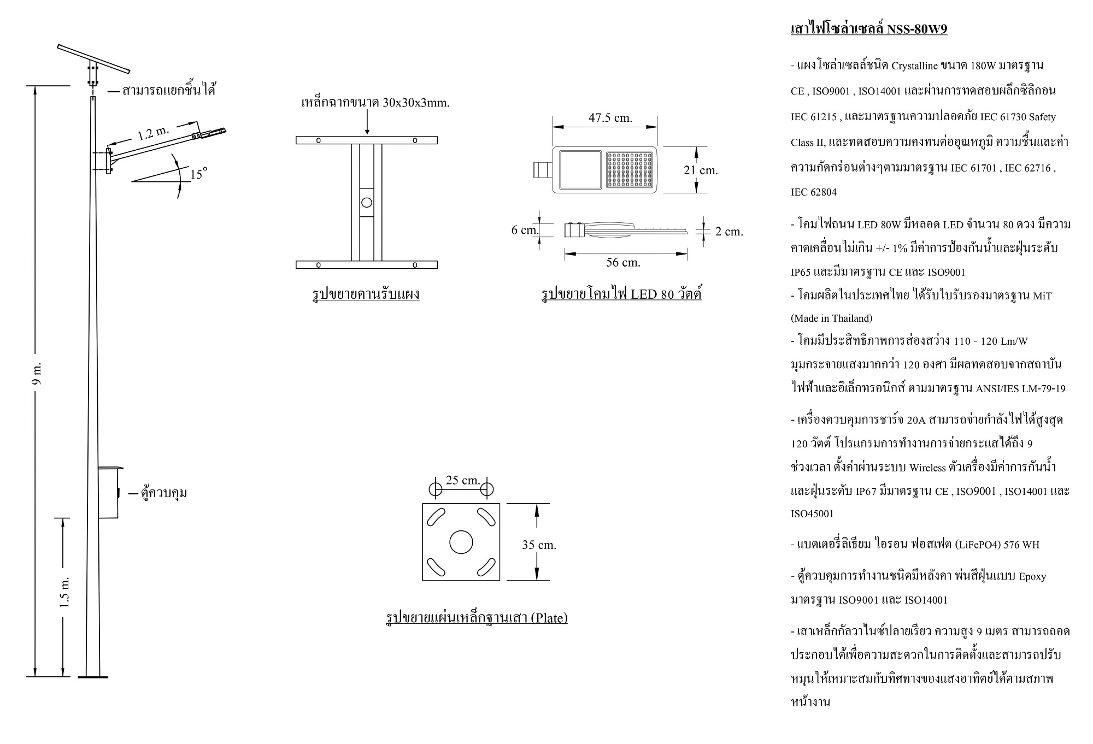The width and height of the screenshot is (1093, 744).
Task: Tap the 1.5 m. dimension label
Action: tap(64, 591)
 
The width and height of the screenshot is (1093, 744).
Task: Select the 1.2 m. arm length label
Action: tap(153, 132)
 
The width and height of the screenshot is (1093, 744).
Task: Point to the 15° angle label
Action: tap(198, 174)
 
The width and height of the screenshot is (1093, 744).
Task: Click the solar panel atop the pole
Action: tap(93, 58)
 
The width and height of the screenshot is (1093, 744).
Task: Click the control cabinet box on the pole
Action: tap(108, 493)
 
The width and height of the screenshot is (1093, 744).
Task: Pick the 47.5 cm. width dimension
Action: tap(610, 118)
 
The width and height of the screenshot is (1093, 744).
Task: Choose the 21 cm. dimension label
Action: tap(701, 170)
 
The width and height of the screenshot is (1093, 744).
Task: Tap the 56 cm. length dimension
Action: tap(623, 263)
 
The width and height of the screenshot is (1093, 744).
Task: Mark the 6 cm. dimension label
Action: tap(525, 230)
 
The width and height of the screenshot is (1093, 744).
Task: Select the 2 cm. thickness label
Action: tap(729, 232)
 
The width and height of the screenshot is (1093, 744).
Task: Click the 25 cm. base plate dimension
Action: tap(463, 480)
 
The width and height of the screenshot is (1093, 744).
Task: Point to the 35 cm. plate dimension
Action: tap(539, 545)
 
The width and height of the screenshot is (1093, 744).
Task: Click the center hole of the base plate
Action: tap(461, 542)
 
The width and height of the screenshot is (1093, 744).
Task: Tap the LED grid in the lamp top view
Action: tap(630, 169)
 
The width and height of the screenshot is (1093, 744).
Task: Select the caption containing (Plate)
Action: tap(477, 618)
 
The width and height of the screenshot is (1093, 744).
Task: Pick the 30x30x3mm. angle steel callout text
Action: tap(375, 103)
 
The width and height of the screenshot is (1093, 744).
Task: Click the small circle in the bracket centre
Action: tap(367, 203)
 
